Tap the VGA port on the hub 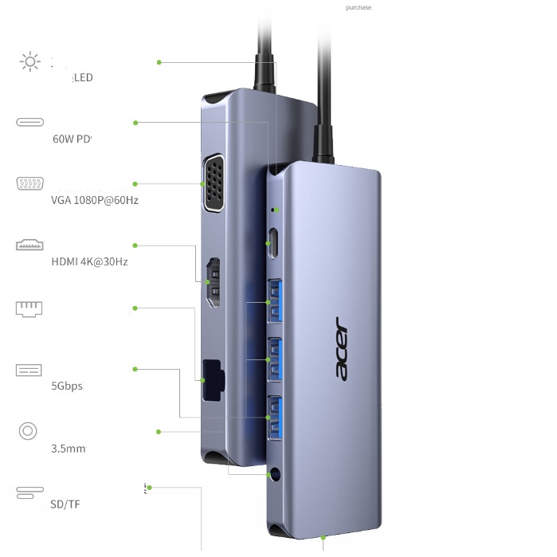point(215,184)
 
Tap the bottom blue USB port point(275,418)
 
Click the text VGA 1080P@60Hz point(94,200)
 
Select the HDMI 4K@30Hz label point(89,261)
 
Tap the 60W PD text point(73,139)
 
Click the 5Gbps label point(67,386)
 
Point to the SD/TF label point(65,504)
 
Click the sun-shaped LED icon point(29,61)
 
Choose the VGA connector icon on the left point(29,184)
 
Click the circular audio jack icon point(28,431)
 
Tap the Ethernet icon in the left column point(29,308)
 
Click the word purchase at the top point(359,8)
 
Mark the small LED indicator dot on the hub point(275,210)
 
